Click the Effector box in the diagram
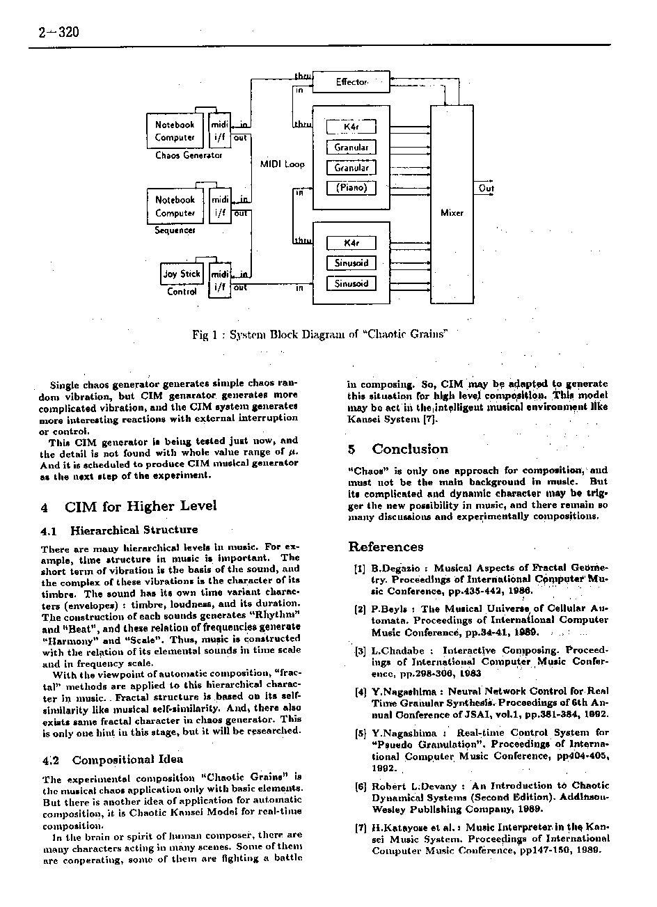coord(351,82)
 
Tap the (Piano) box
coord(351,188)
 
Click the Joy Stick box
coord(181,274)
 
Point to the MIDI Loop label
coord(282,164)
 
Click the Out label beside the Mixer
coord(486,189)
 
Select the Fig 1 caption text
coord(318,335)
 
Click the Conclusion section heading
coord(409,449)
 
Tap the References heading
coord(386,547)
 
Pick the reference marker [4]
coord(360,692)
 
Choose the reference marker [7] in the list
coord(360,828)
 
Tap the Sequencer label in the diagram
coord(175,230)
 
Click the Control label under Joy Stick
coord(182,292)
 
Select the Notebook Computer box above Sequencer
coord(175,207)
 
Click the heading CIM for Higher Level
coord(140,506)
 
